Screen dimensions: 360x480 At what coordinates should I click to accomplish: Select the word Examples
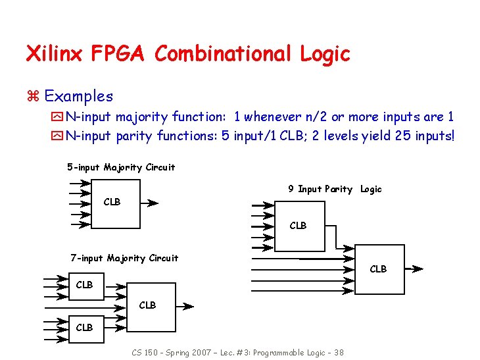click(78, 96)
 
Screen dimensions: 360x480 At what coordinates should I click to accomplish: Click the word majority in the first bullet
click(143, 117)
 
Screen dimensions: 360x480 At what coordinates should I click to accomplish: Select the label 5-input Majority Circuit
click(121, 167)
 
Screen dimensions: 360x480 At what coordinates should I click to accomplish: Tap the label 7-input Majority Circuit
click(124, 258)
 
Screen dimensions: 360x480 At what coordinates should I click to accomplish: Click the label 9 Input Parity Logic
click(335, 189)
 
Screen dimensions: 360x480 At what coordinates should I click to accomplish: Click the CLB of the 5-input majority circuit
click(112, 202)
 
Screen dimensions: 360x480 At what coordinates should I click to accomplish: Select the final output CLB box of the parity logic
click(378, 269)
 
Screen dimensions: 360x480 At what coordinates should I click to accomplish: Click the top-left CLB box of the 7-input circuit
click(85, 285)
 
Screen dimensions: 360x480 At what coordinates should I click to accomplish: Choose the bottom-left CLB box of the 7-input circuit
click(85, 327)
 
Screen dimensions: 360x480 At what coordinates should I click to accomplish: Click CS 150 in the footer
click(142, 352)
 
